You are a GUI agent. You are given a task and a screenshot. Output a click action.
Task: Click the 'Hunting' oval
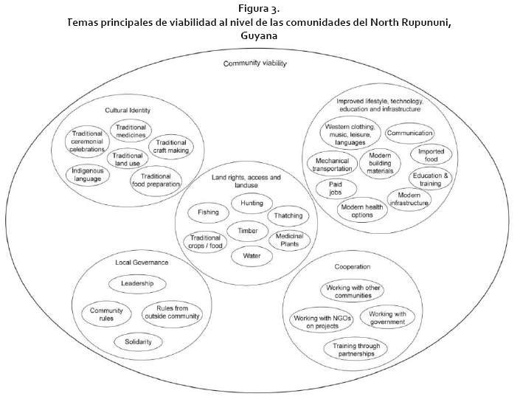click(252, 203)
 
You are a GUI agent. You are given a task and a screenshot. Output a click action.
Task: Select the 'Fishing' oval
click(208, 212)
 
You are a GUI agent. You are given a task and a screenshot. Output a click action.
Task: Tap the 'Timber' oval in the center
click(247, 231)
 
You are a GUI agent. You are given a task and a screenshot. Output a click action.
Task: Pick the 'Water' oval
click(252, 256)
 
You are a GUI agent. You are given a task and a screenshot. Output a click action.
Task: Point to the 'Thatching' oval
click(288, 216)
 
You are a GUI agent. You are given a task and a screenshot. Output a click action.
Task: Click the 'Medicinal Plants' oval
click(290, 240)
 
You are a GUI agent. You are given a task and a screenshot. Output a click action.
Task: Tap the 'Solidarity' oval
click(138, 342)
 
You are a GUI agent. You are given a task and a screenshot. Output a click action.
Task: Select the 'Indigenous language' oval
click(88, 175)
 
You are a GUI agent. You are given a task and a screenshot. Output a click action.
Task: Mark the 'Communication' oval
click(410, 134)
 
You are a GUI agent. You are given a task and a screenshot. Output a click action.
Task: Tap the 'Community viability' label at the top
click(255, 63)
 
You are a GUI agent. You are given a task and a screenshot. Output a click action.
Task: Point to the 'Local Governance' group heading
click(142, 262)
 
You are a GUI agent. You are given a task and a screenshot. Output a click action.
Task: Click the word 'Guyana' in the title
click(259, 35)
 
